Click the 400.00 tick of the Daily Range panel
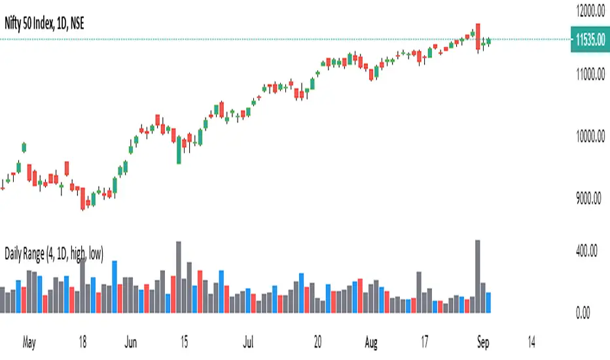click(585, 250)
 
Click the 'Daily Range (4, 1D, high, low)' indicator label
click(54, 251)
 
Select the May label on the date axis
click(27, 341)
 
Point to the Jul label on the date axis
click(249, 341)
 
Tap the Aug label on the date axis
click(372, 341)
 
